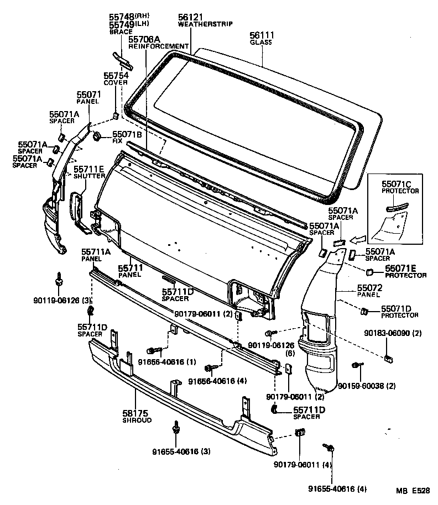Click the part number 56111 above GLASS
[x=262, y=35]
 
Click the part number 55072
[x=369, y=288]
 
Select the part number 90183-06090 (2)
[x=393, y=334]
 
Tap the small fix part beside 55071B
[x=97, y=136]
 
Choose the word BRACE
[x=121, y=32]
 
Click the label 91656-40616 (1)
[x=159, y=362]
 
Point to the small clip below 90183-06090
[x=388, y=357]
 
